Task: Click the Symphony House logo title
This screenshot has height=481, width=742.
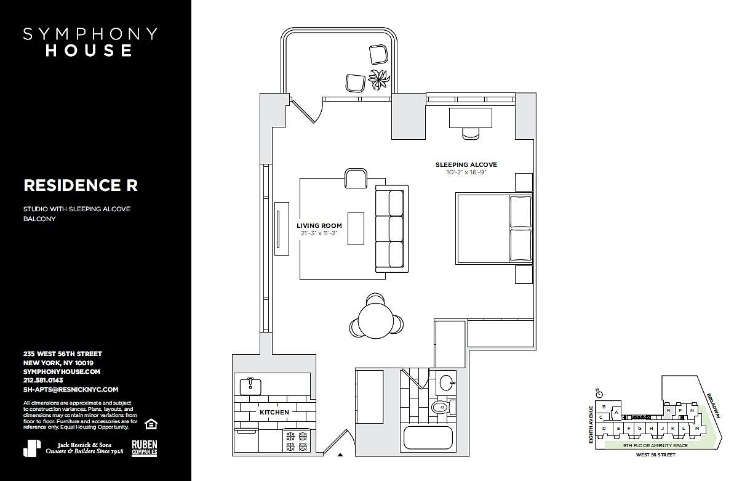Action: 90,42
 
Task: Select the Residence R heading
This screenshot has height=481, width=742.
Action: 81,185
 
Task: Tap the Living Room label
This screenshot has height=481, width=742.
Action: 319,225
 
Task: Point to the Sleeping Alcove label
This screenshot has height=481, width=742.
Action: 466,164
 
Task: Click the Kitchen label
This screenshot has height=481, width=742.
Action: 274,412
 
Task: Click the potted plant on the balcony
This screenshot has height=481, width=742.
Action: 379,79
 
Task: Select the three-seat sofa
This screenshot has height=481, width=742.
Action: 391,229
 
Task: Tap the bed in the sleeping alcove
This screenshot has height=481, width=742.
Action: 493,228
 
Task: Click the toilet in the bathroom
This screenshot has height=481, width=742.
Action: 440,407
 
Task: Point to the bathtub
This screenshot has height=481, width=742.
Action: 428,437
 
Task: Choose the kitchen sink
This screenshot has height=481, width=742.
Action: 250,386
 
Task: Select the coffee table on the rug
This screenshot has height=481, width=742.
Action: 356,228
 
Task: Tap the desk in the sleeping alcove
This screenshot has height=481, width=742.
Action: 471,117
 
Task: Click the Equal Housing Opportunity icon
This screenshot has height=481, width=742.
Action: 150,424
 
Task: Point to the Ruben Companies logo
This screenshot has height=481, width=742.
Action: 145,448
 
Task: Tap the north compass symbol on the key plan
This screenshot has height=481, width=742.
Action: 600,392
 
